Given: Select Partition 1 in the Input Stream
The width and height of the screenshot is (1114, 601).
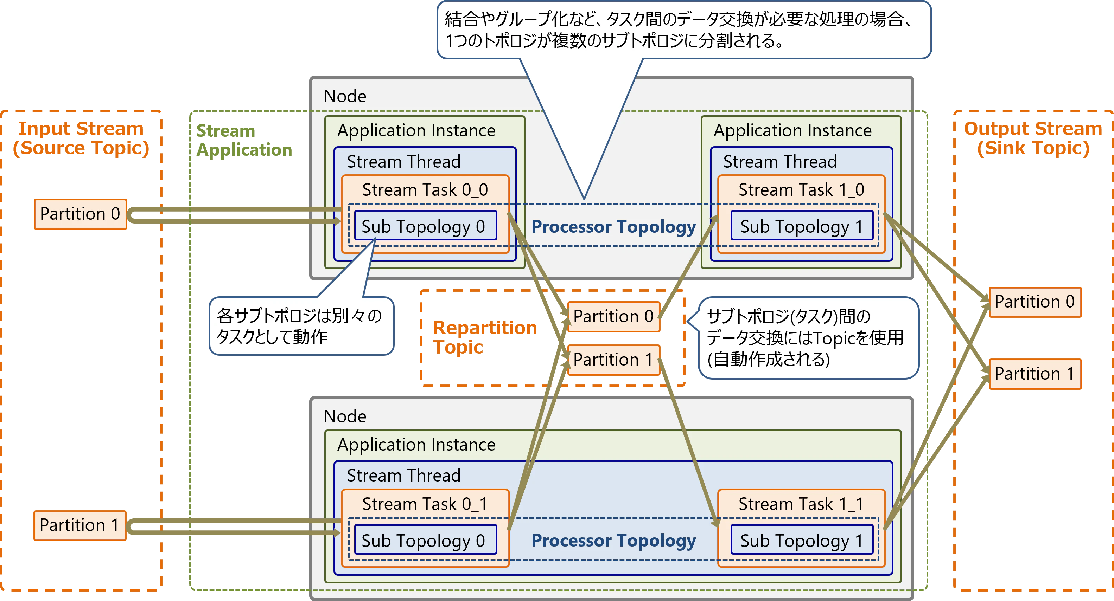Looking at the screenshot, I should point(79,525).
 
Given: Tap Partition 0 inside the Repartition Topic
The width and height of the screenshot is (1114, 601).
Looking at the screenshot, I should point(613,317).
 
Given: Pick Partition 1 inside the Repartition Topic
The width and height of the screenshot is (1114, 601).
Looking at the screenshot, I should point(613,360).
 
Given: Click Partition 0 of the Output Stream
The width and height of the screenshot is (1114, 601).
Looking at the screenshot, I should point(1035,302).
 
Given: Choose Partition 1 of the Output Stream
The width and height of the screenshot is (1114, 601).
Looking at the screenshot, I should point(1035,374).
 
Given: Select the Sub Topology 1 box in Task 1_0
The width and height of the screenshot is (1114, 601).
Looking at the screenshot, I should point(801,226).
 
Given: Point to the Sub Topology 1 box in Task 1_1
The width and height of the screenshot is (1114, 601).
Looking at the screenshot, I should point(801,540).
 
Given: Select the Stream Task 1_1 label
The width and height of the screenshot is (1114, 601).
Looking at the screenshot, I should point(801,504).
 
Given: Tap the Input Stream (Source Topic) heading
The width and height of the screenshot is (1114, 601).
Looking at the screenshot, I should point(81,138).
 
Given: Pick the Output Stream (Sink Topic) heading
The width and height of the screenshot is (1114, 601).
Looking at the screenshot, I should point(1033,138).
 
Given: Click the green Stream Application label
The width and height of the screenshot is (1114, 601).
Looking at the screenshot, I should point(243,141).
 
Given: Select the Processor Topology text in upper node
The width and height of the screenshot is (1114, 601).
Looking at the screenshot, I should point(613,226).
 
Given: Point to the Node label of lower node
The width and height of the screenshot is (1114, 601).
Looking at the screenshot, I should point(345,416).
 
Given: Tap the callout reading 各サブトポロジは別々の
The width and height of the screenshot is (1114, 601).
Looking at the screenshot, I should point(300,326).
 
